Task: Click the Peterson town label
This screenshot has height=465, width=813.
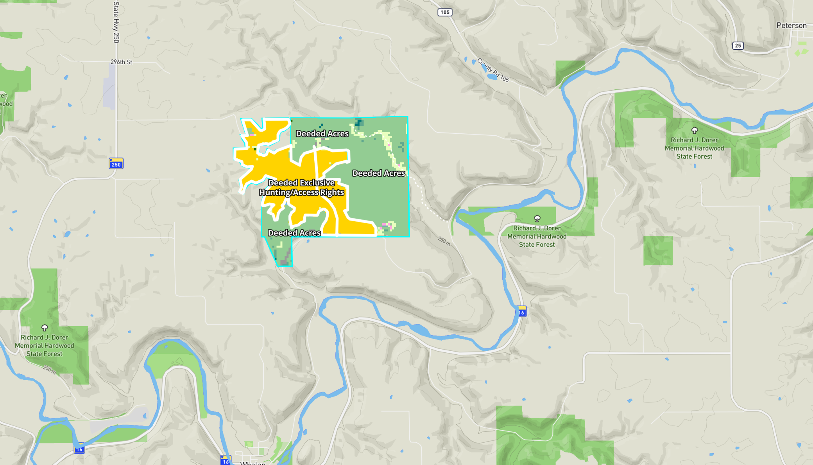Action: click(791, 25)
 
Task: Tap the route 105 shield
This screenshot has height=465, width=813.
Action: click(444, 12)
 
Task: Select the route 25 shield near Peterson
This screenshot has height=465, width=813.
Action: click(738, 45)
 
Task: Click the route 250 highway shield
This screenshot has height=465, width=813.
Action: click(116, 163)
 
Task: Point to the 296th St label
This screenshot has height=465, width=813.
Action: click(121, 62)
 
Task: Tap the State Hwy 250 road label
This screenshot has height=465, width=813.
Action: click(116, 22)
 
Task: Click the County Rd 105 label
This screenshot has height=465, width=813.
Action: click(493, 71)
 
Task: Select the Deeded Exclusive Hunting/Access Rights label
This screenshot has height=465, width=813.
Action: click(301, 188)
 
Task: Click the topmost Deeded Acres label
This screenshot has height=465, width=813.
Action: click(322, 134)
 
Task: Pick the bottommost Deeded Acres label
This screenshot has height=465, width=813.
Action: click(294, 233)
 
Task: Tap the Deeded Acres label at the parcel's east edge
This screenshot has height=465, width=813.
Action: click(378, 173)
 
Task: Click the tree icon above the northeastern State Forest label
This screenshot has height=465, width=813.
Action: click(694, 130)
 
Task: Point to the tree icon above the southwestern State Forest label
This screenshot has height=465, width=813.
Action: click(45, 328)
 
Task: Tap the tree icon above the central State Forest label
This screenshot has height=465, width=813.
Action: click(537, 219)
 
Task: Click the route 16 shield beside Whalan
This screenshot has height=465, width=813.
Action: click(226, 460)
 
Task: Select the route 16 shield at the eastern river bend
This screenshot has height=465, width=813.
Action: click(521, 311)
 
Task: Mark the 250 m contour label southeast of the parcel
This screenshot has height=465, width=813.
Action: click(444, 241)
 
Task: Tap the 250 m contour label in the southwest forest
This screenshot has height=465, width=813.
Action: click(50, 369)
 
